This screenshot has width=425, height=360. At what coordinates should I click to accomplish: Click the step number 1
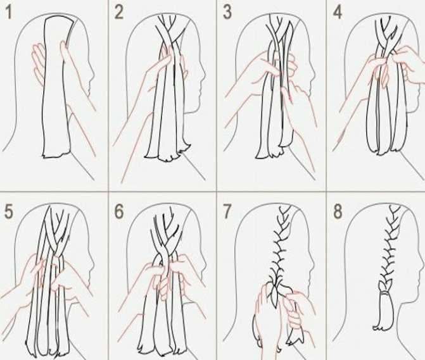coord(8,13)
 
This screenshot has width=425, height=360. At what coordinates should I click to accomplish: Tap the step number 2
coord(119,13)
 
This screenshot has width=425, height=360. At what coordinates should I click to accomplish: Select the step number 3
coord(227,13)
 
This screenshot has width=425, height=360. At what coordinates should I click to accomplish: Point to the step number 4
coord(338,13)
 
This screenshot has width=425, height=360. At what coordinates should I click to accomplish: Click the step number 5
coord(8,211)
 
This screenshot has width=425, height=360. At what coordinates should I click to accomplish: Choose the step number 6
coord(119,211)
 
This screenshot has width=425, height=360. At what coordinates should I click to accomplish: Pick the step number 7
coord(227,211)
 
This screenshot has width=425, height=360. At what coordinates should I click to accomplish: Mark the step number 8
coord(338,211)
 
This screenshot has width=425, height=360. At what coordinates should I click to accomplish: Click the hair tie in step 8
coord(385,294)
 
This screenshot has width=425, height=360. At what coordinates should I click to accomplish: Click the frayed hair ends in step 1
coord(56,155)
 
